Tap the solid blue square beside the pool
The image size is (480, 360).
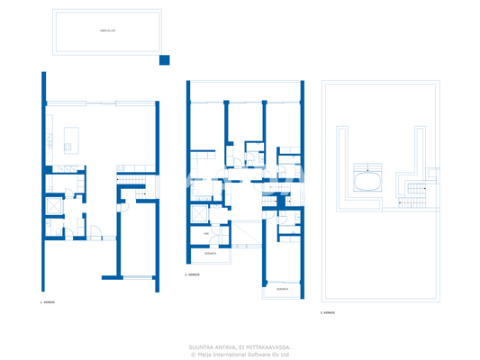click(164, 60)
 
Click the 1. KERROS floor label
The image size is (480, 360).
click(49, 303)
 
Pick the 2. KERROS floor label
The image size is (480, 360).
click(192, 274)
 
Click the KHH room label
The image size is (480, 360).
click(206, 233)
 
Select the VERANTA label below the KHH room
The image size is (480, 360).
click(210, 254)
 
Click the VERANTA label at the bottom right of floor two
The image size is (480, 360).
click(282, 290)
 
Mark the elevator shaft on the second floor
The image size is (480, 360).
click(197, 213)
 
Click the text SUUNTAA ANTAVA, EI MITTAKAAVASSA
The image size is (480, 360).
click(240, 346)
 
